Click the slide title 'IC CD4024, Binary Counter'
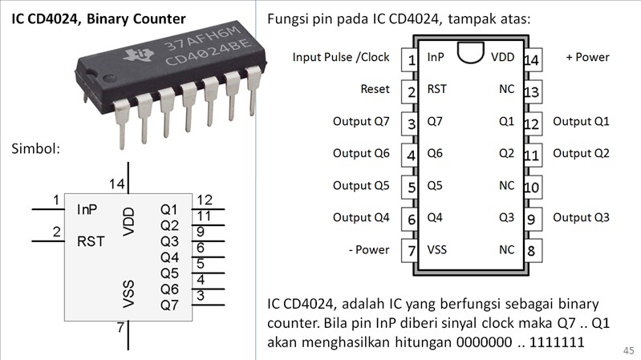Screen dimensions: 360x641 pyautogui.click(x=98, y=18)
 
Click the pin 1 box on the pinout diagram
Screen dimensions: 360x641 pyautogui.click(x=412, y=59)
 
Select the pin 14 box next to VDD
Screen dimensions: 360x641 pyautogui.click(x=531, y=59)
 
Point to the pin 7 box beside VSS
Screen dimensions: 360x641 pyautogui.click(x=412, y=250)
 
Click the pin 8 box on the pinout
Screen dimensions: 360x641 pyautogui.click(x=531, y=250)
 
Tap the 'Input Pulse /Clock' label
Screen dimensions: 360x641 pyautogui.click(x=341, y=58)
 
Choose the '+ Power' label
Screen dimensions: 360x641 pyautogui.click(x=587, y=58)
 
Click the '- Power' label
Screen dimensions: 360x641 pyautogui.click(x=369, y=250)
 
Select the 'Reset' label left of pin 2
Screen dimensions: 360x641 pyautogui.click(x=375, y=90)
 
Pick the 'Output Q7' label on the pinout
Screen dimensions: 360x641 pyautogui.click(x=361, y=122)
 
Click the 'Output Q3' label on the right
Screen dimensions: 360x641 pyautogui.click(x=581, y=218)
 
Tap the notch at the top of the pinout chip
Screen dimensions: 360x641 pyautogui.click(x=471, y=54)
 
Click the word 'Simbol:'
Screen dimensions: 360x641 pyautogui.click(x=37, y=149)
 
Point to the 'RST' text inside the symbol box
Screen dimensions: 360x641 pyautogui.click(x=91, y=241)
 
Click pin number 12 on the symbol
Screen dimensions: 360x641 pyautogui.click(x=204, y=200)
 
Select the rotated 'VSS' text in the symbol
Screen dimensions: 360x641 pyautogui.click(x=129, y=294)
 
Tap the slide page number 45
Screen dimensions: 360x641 pyautogui.click(x=627, y=351)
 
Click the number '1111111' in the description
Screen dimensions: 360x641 pyautogui.click(x=556, y=342)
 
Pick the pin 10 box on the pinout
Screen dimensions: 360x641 pyautogui.click(x=531, y=187)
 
